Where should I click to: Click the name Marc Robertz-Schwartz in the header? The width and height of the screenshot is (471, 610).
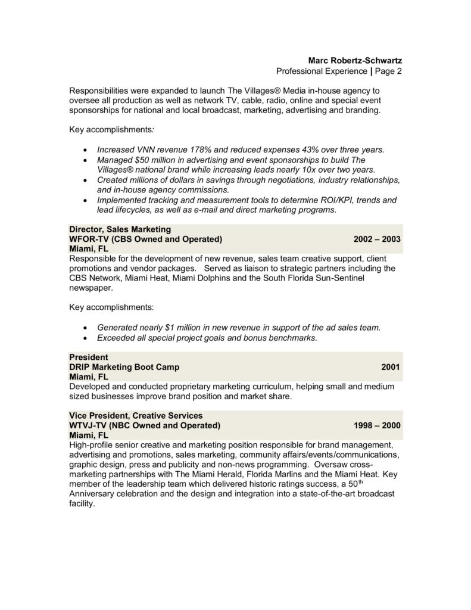pyautogui.click(x=355, y=60)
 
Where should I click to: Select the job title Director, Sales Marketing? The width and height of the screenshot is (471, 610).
pyautogui.click(x=120, y=229)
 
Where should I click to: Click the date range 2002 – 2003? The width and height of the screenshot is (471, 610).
pyautogui.click(x=376, y=239)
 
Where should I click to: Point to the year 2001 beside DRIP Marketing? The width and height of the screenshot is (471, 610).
pyautogui.click(x=391, y=367)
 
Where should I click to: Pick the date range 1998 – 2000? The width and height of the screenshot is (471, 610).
pyautogui.click(x=376, y=425)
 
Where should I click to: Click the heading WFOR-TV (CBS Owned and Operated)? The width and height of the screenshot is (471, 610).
pyautogui.click(x=145, y=239)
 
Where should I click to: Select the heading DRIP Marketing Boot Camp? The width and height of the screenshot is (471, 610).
pyautogui.click(x=124, y=367)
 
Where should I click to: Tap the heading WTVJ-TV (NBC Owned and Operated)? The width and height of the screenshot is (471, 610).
pyautogui.click(x=145, y=425)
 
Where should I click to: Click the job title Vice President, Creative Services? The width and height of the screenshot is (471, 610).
pyautogui.click(x=136, y=415)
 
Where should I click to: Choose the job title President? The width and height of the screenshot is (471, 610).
pyautogui.click(x=89, y=357)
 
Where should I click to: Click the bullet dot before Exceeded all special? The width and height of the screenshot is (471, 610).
pyautogui.click(x=88, y=338)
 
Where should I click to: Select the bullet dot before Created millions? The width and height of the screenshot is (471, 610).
pyautogui.click(x=88, y=180)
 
